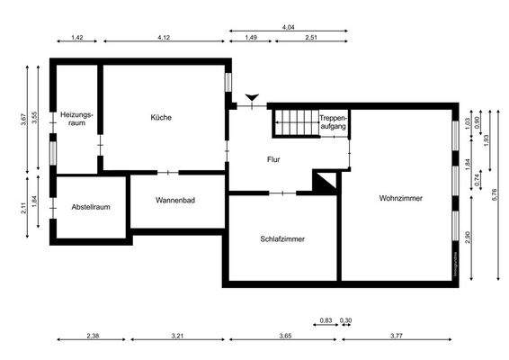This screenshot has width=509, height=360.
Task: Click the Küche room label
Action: pos(162,118)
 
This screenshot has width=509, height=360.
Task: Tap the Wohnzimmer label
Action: pos(401,198)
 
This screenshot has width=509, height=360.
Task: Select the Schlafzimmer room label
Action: pos(281,239)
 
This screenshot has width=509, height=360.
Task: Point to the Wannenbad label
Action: pos(175,200)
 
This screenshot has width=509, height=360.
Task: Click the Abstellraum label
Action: pos(91,208)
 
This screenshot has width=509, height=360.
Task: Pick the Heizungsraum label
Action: pos(73,118)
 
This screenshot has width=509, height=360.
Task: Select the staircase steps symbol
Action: pos(294,121)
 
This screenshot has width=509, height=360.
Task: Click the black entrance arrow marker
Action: pos(252,97)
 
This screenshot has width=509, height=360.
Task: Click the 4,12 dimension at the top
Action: pos(164,37)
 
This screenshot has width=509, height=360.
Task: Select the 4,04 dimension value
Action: pos(289,28)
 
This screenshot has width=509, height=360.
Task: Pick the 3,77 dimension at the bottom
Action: pos(396,336)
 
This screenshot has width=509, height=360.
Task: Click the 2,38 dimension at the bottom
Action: pos(93,336)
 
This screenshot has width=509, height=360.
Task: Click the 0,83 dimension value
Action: pos(326,320)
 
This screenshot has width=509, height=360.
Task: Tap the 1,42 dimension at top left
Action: pos(76,37)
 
